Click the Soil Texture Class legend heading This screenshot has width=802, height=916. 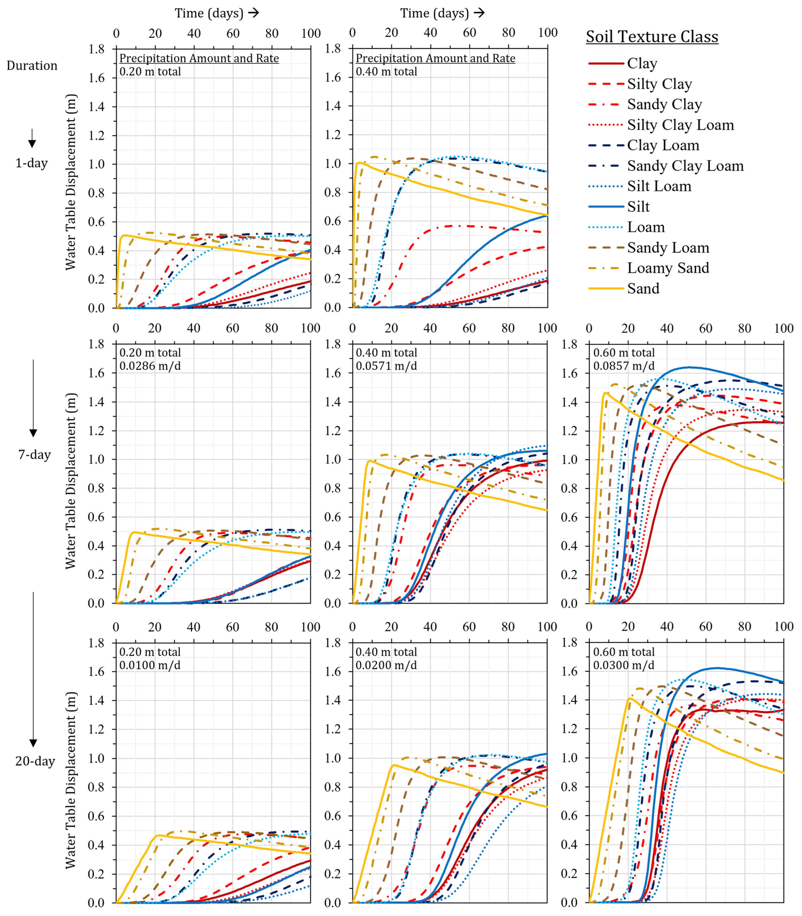pyautogui.click(x=652, y=37)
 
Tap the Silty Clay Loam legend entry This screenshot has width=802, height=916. pyautogui.click(x=661, y=125)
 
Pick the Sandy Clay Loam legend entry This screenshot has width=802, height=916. pyautogui.click(x=666, y=166)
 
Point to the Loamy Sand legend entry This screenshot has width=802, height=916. pyautogui.click(x=649, y=268)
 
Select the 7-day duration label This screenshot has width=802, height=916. pyautogui.click(x=35, y=455)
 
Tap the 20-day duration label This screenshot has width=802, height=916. pyautogui.click(x=35, y=761)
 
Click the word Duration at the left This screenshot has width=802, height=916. pyautogui.click(x=32, y=66)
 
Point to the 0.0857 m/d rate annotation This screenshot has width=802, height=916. pyautogui.click(x=624, y=366)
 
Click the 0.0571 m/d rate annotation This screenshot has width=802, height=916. pyautogui.click(x=386, y=366)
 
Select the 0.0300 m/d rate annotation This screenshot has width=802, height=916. pyautogui.click(x=624, y=665)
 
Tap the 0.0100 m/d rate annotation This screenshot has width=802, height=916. pyautogui.click(x=150, y=665)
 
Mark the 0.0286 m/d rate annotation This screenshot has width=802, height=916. pyautogui.click(x=150, y=366)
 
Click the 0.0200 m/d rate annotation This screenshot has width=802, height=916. pyautogui.click(x=386, y=665)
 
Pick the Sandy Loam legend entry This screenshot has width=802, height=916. pyautogui.click(x=649, y=248)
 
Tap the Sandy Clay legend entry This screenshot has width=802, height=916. pyautogui.click(x=645, y=104)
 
